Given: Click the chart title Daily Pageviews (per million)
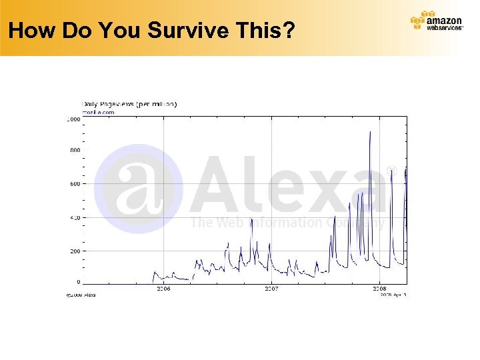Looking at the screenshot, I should [129, 104].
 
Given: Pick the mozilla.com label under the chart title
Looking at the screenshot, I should [98, 112].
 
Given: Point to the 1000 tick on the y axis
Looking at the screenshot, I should [72, 119].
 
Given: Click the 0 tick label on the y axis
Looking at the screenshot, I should [78, 282].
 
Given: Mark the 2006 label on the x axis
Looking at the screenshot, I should [163, 289].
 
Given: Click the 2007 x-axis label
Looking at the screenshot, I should [271, 289].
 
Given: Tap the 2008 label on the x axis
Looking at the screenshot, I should [379, 289].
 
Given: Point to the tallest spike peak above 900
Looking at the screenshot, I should [370, 132].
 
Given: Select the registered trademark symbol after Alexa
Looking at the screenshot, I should [392, 172].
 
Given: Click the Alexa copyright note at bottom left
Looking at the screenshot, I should [81, 295].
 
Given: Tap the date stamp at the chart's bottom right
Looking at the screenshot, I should [393, 295].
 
